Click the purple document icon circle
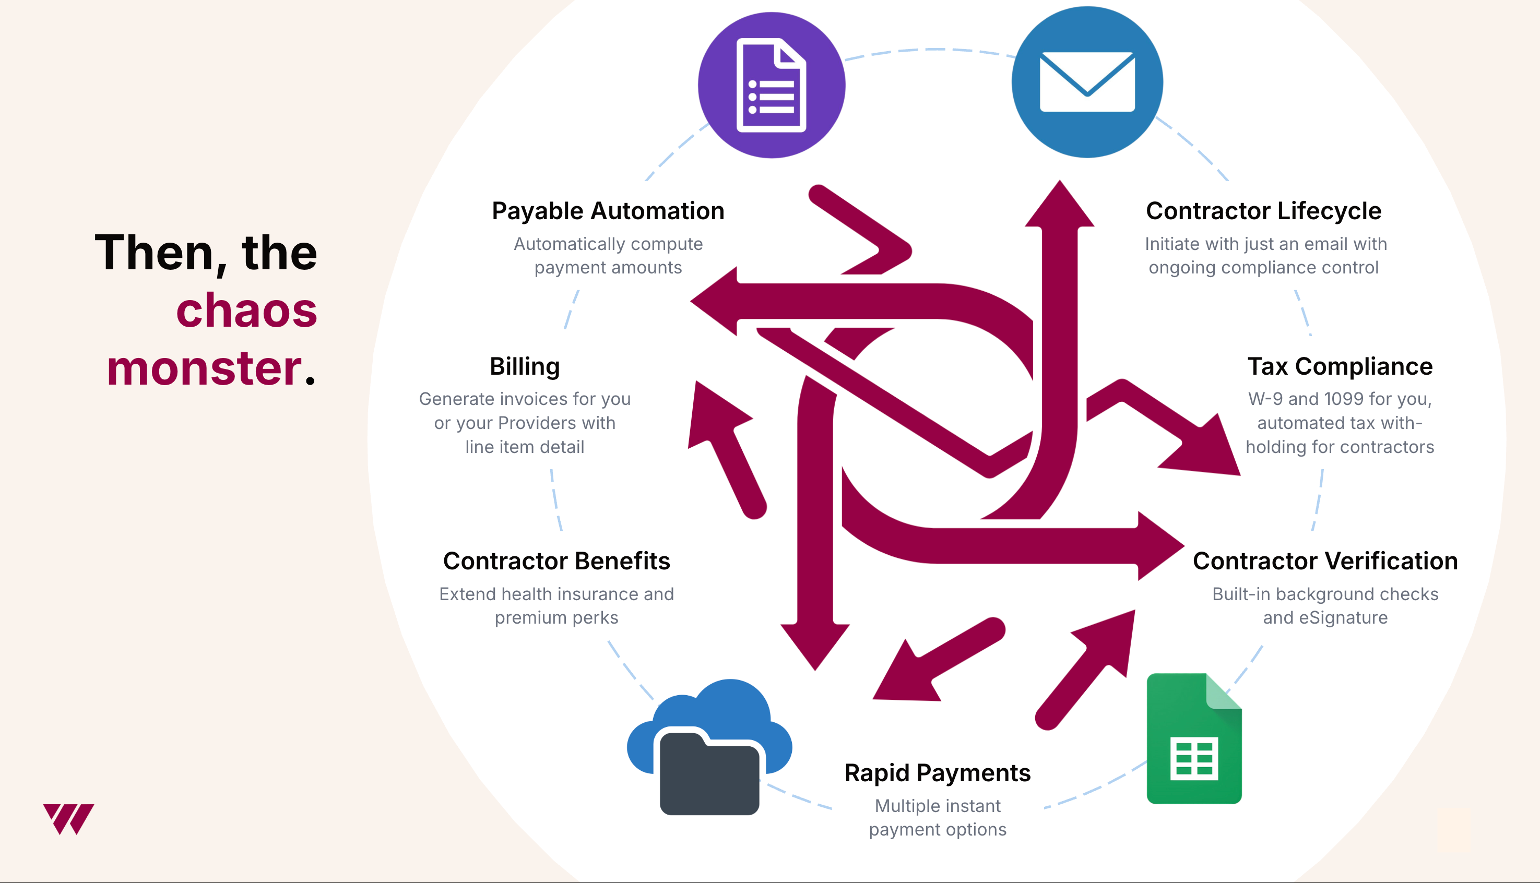click(x=772, y=85)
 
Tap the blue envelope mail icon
click(x=1087, y=82)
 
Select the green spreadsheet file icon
click(x=1194, y=738)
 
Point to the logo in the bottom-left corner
click(x=68, y=819)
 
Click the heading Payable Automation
click(x=608, y=211)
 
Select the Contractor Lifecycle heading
click(x=1263, y=211)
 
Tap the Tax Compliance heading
click(x=1340, y=366)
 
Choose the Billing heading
click(x=525, y=367)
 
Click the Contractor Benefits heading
click(x=556, y=561)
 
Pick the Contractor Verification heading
click(x=1325, y=561)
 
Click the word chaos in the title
click(x=246, y=310)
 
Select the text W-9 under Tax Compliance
click(x=1265, y=399)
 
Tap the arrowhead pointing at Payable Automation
click(x=714, y=301)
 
